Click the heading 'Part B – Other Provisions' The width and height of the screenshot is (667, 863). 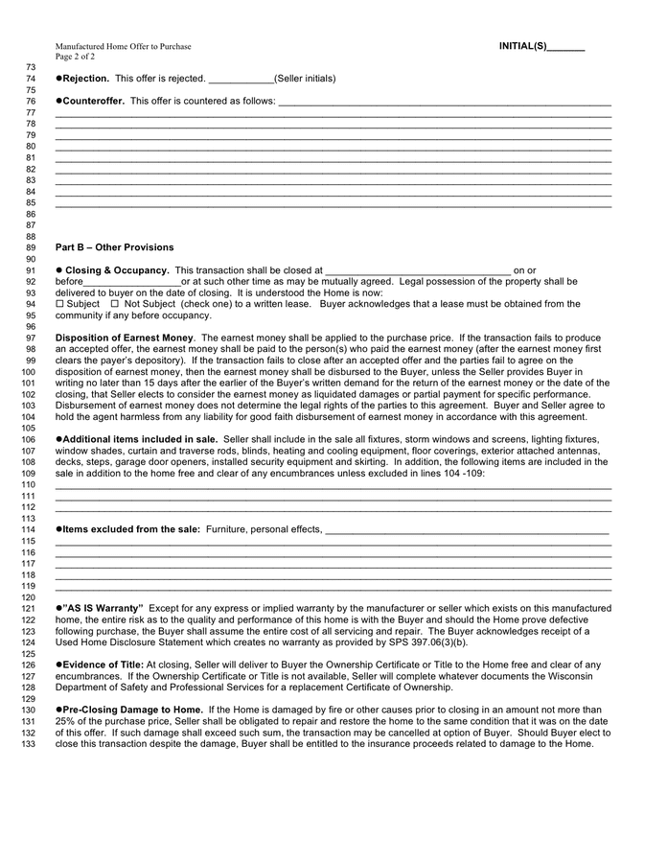click(115, 247)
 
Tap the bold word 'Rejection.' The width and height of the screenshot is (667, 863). click(86, 79)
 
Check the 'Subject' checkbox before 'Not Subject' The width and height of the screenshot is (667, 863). click(59, 304)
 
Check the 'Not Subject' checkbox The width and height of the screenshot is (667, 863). click(115, 304)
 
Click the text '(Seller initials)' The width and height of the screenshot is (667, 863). click(305, 79)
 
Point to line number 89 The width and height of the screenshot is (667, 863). click(29, 247)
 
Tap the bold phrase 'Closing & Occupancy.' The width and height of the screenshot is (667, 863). click(117, 270)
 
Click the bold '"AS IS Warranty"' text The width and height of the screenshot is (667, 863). click(103, 608)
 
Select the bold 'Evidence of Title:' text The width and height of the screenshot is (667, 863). click(103, 665)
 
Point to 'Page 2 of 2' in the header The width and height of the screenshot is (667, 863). click(75, 57)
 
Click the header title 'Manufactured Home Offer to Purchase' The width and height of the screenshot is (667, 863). click(123, 46)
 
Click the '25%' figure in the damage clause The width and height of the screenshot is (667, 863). click(65, 721)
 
